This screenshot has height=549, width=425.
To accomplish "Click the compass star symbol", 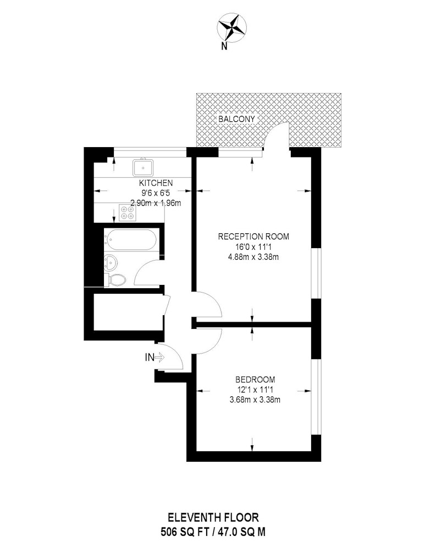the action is click(x=231, y=27).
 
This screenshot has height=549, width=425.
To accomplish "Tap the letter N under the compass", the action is click(x=224, y=46).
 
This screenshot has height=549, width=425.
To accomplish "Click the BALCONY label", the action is click(x=237, y=119).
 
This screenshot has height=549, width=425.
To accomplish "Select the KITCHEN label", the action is click(x=156, y=182).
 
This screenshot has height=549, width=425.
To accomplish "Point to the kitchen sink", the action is click(x=143, y=167).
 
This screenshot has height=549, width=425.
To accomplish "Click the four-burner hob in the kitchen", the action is click(x=128, y=212).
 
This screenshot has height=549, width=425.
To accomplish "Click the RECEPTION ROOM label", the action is click(x=253, y=236).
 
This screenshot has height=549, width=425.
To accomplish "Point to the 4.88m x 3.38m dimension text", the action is click(x=253, y=257).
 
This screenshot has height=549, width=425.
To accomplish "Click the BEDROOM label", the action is click(x=255, y=379).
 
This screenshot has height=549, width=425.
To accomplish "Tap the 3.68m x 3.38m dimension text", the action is click(x=255, y=400).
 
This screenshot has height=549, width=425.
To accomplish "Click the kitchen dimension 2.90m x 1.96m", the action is click(x=156, y=203).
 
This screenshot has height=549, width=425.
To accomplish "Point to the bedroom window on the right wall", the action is click(x=317, y=397).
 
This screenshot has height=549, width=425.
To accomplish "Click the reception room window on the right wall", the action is click(x=317, y=273).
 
